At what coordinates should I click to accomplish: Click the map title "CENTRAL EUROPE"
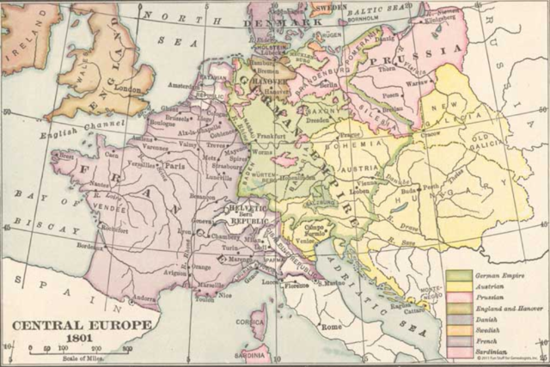pos(81,326)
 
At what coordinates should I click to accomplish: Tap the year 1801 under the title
pos(81,339)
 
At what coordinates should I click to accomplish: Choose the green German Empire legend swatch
pos(458,274)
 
